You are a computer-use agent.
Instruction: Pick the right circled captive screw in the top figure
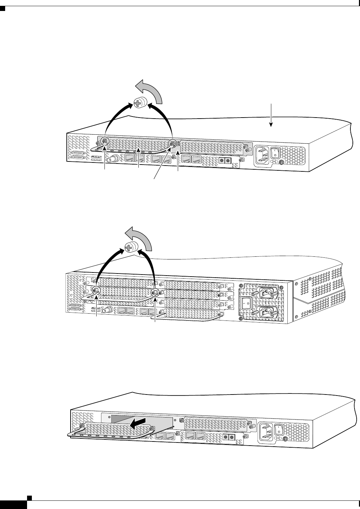coord(173,143)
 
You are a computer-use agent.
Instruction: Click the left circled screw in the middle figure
coord(96,290)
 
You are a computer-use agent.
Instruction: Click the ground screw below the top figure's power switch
coord(281,164)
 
